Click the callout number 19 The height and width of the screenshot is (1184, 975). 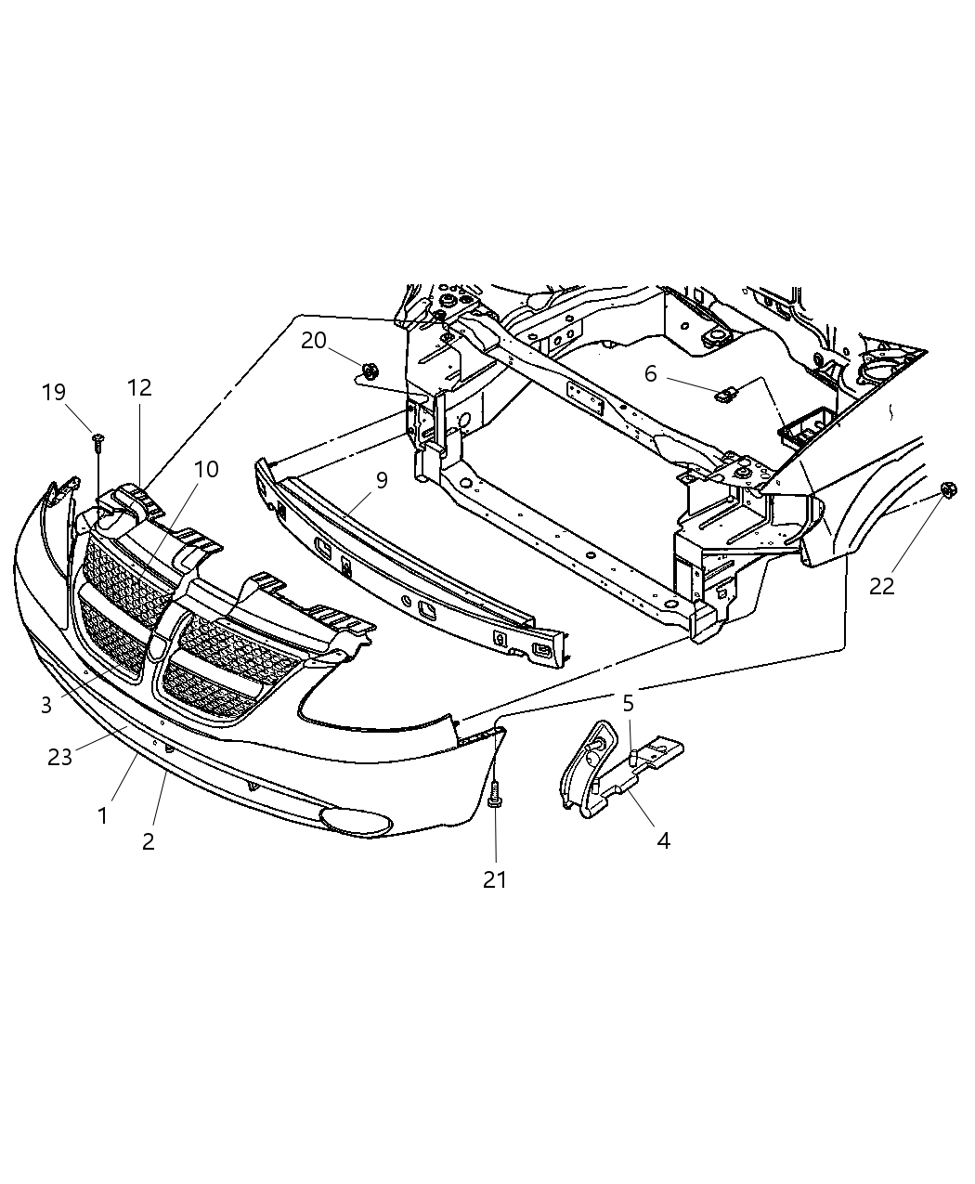coord(54,392)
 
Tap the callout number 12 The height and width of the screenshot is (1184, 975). coord(139,387)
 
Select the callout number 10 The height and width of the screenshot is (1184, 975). coord(206,469)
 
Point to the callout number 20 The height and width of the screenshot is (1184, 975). coord(314,341)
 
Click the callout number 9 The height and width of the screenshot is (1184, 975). coord(382,481)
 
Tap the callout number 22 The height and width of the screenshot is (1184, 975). coord(881,586)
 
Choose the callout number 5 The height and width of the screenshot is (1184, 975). coord(628,703)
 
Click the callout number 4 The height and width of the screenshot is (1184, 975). coord(663,840)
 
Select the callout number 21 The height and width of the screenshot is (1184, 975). coord(495,878)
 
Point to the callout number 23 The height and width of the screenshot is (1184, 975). coord(59,757)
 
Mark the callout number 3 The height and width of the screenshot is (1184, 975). coord(46,705)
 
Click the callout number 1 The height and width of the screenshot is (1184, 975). coord(102,815)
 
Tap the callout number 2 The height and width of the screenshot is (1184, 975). coord(148,841)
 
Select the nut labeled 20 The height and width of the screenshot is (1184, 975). coord(369,371)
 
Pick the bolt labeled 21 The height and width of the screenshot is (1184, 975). coord(495,794)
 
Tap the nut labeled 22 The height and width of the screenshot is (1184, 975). coord(947,490)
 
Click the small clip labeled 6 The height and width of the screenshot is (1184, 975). coord(723,397)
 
